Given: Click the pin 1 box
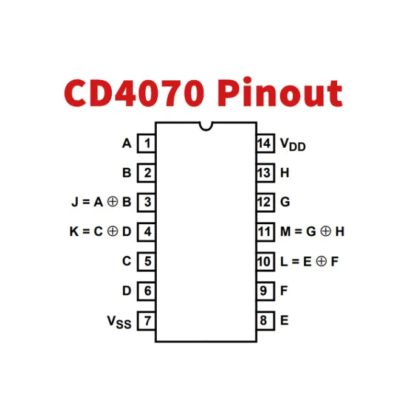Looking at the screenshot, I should pos(146,143).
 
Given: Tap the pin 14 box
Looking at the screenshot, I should pos(264,143).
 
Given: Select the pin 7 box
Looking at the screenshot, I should pos(146,320).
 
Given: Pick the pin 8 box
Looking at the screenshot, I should pos(264,320).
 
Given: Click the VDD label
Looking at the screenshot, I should pos(292,145).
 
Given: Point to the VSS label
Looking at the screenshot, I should pos(119,321).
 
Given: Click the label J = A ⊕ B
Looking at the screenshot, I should pos(101,202).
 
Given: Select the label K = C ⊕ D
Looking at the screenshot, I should pos(101,232).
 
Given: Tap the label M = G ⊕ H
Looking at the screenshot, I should pos(312,232).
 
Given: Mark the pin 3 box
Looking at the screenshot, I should pos(146,202).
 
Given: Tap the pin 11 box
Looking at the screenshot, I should pos(264,232).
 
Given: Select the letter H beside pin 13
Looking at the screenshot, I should pos(284,173).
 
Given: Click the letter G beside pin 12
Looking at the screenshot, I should pos(284,202).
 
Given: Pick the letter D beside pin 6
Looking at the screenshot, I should pos(126,291).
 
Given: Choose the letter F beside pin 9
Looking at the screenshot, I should pos(284,291).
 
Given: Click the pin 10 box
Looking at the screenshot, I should pos(264,261).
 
